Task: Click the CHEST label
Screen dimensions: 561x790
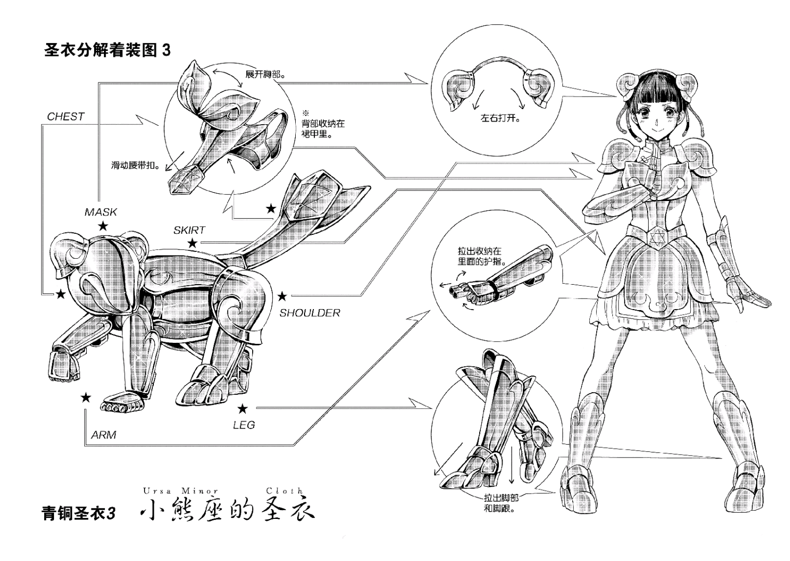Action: point(65,116)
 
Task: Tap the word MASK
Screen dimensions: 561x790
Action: point(101,212)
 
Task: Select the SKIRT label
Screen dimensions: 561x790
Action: point(189,230)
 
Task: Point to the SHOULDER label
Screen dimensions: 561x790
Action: point(310,313)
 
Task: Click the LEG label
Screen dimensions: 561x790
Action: point(244,425)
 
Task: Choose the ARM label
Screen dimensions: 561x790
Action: point(103,435)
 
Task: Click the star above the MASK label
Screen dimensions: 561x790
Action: point(103,226)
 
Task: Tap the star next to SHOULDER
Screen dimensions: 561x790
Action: point(282,297)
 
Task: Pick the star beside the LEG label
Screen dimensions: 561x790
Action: point(242,409)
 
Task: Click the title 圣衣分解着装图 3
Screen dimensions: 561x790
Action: point(108,51)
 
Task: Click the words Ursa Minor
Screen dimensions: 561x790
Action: point(180,490)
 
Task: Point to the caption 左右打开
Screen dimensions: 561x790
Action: point(501,118)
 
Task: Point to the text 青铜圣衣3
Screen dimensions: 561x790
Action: point(78,513)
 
